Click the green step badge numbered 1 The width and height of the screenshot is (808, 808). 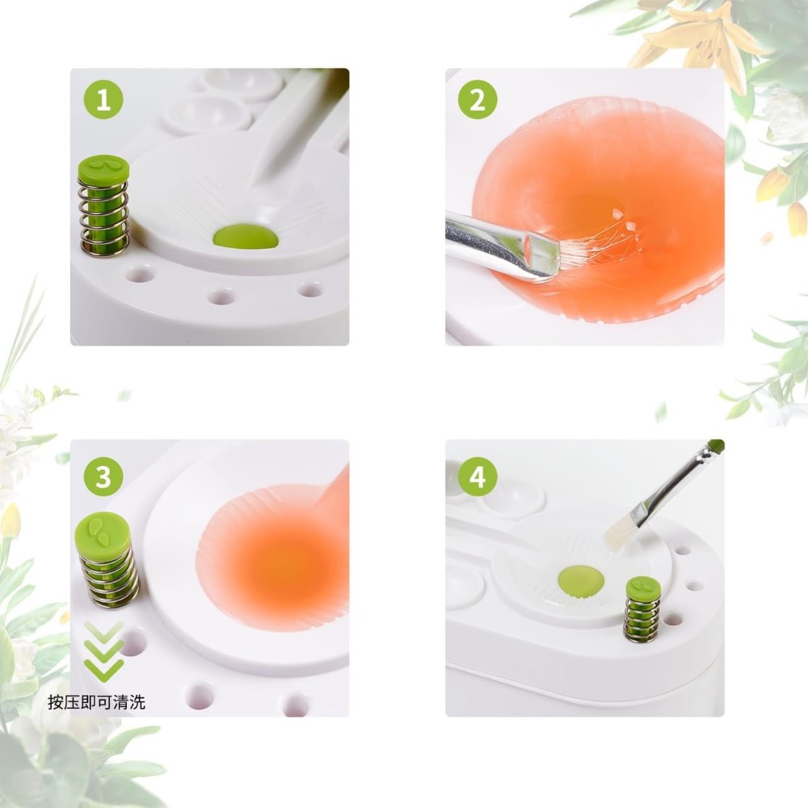(x=103, y=101)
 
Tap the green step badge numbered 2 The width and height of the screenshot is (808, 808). (x=478, y=101)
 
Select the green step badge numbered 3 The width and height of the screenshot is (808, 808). (x=103, y=477)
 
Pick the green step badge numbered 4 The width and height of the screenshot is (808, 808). (x=478, y=477)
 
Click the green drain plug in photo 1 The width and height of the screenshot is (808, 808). (x=246, y=236)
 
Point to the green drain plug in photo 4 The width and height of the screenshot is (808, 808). (x=581, y=579)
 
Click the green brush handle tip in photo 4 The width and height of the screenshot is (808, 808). (x=716, y=445)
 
